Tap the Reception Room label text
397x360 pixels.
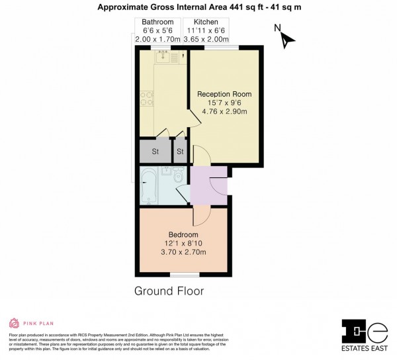224,94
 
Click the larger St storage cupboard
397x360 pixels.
155,152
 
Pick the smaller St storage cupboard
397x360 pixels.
179,152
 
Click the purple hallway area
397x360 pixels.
208,187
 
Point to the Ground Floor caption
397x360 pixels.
169,291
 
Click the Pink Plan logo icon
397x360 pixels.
13,324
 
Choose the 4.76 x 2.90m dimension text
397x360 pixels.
224,112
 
